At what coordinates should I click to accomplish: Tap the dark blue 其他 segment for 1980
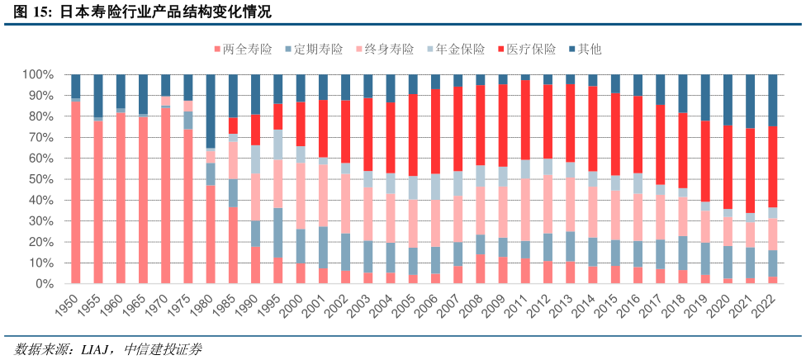(x=211, y=111)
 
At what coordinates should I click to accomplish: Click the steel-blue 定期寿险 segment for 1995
(x=278, y=232)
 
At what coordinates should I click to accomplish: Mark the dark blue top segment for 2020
(x=728, y=99)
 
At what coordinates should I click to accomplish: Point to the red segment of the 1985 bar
(x=234, y=126)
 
